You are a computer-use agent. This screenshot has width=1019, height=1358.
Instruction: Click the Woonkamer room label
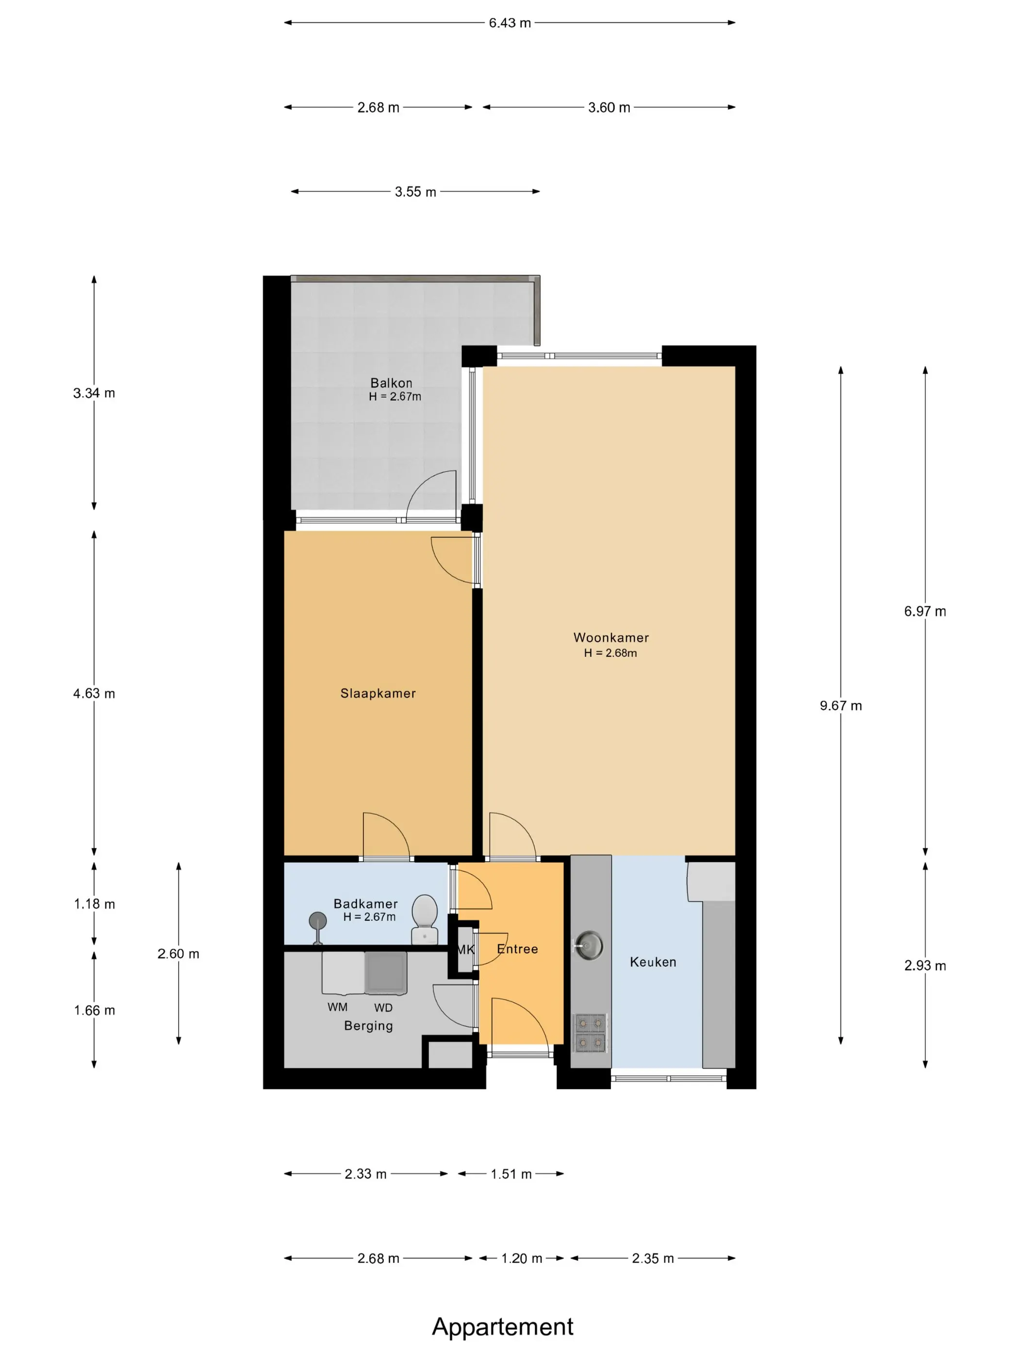pyautogui.click(x=611, y=638)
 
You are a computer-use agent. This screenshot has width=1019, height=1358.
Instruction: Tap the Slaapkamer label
pyautogui.click(x=378, y=693)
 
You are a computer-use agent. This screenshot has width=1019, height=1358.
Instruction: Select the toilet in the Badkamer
pyautogui.click(x=425, y=919)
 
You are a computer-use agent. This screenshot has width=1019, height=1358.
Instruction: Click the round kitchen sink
pyautogui.click(x=589, y=945)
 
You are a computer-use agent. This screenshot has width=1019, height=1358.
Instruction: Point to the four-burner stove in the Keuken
pyautogui.click(x=590, y=1033)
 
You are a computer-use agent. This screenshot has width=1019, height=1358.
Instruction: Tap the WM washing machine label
pyautogui.click(x=337, y=1007)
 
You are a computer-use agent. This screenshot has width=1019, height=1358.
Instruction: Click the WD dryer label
pyautogui.click(x=383, y=1008)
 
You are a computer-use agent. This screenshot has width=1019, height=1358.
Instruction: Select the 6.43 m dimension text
pyautogui.click(x=510, y=23)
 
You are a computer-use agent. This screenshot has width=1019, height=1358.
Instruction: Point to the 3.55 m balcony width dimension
pyautogui.click(x=415, y=192)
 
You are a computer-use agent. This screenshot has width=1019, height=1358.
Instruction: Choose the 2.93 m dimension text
pyautogui.click(x=925, y=965)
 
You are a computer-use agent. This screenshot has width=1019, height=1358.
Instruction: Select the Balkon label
pyautogui.click(x=391, y=383)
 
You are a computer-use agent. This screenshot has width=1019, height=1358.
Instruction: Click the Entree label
pyautogui.click(x=517, y=949)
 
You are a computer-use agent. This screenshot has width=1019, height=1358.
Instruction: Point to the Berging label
pyautogui.click(x=368, y=1026)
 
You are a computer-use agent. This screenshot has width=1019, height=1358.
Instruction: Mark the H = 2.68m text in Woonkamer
pyautogui.click(x=610, y=653)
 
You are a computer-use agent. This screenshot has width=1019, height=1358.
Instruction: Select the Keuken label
pyautogui.click(x=653, y=962)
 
